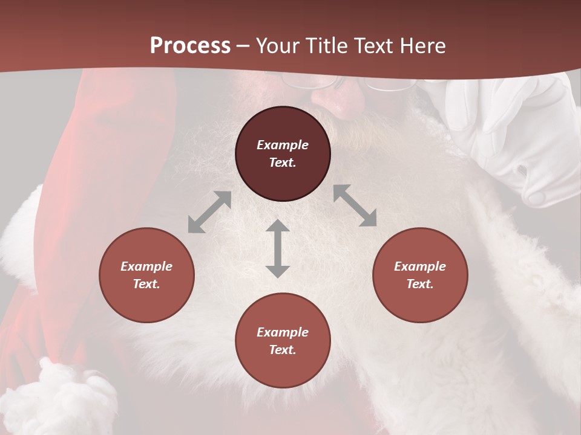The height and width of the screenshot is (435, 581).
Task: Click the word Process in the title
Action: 190,45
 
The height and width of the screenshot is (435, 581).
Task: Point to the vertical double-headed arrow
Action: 278,248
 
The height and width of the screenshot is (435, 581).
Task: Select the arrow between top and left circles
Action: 209,212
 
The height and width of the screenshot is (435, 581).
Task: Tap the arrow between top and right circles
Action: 355,205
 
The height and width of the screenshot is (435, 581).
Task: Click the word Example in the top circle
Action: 283,145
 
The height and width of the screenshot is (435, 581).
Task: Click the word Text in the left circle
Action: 146,284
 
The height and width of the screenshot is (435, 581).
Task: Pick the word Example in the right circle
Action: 420,266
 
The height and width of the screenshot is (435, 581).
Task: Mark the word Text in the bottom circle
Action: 283,350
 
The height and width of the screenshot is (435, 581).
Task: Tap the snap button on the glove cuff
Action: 536,198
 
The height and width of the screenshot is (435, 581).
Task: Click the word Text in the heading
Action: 375,45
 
